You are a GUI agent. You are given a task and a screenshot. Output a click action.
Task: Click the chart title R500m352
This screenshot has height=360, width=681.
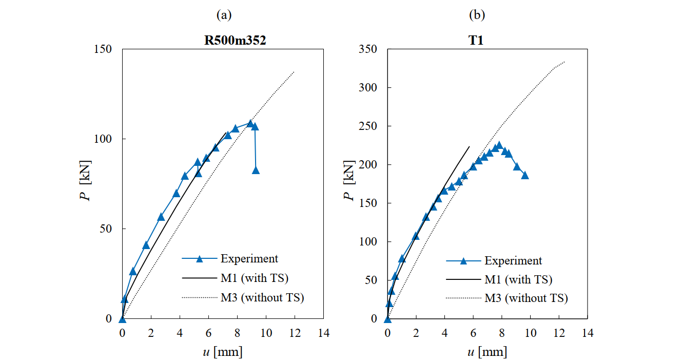tap(232, 41)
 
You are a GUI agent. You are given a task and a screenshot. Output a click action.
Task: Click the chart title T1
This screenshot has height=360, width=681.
tap(477, 41)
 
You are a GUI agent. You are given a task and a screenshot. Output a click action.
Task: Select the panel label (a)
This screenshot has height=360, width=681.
tap(225, 15)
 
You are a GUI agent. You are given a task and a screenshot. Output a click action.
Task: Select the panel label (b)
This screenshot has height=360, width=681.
tap(477, 15)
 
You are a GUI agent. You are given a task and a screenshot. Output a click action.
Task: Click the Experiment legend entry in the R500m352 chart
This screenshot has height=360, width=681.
tap(249, 259)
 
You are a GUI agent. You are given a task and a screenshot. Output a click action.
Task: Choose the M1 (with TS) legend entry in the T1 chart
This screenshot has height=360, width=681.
tap(518, 280)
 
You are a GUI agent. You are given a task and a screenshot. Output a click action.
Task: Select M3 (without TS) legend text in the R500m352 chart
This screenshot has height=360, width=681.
tap(262, 297)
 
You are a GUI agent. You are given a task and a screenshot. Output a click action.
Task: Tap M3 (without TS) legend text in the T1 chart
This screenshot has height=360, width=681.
tap(526, 298)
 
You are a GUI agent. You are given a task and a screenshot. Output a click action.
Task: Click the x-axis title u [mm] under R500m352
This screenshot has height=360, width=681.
tap(223, 352)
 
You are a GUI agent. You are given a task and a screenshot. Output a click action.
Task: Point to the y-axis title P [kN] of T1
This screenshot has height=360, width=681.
tap(349, 184)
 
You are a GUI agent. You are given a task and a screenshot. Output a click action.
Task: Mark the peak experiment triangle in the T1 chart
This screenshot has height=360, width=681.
tap(499, 145)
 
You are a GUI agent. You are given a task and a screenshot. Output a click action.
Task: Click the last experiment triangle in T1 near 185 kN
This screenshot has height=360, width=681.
tap(525, 175)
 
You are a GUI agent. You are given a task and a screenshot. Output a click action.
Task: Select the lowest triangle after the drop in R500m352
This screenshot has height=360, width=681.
tap(256, 170)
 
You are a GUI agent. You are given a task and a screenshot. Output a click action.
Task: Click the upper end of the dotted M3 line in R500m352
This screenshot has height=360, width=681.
tap(294, 72)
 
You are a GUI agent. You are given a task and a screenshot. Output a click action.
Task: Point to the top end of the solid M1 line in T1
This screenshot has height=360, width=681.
tap(469, 146)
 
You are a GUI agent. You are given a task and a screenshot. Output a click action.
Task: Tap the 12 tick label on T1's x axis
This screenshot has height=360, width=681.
tap(559, 333)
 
